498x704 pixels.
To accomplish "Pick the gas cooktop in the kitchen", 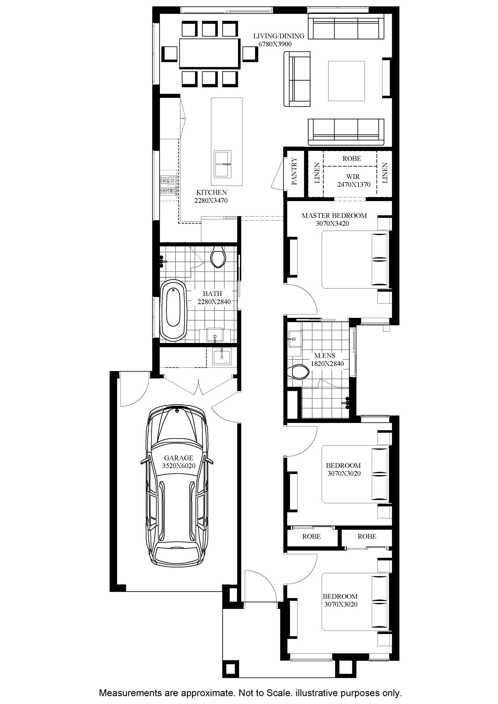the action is click(168, 186).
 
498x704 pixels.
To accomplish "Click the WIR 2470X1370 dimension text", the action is click(354, 185).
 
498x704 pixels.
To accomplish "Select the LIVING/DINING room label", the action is click(279, 36).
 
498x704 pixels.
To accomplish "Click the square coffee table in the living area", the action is click(346, 81).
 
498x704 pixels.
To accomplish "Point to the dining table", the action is click(210, 53).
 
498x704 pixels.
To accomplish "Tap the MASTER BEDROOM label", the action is click(334, 216).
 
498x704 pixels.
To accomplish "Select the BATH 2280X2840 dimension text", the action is click(214, 302).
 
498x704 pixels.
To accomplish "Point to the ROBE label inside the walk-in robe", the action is click(352, 158).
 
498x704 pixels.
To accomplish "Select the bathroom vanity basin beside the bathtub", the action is click(215, 335).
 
